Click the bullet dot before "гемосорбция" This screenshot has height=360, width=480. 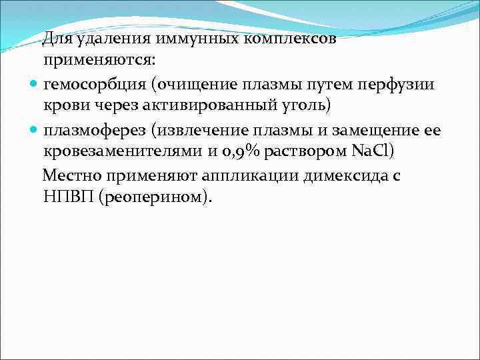(x=34, y=84)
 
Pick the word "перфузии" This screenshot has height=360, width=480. (x=399, y=84)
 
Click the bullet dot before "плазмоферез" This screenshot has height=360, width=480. (x=34, y=130)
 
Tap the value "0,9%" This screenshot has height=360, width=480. (x=235, y=152)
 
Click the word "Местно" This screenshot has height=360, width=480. (x=72, y=175)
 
